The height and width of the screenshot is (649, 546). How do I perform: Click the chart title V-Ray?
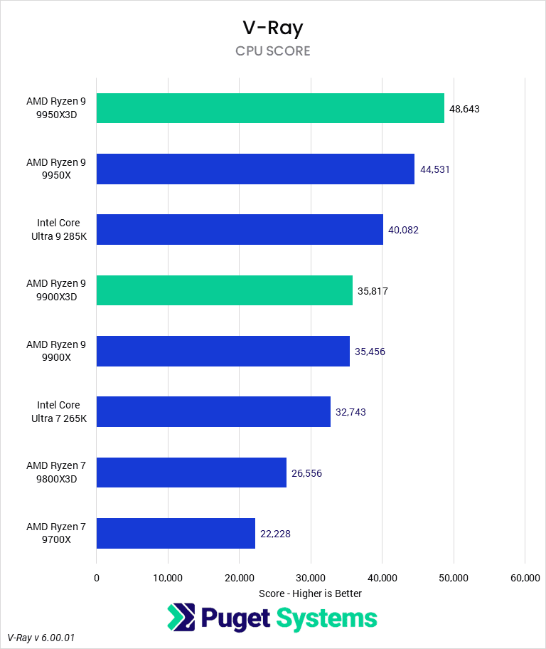pyautogui.click(x=272, y=28)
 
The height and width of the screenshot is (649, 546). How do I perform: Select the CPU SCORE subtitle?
pyautogui.click(x=272, y=51)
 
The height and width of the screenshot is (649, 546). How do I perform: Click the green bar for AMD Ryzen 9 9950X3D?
pyautogui.click(x=270, y=108)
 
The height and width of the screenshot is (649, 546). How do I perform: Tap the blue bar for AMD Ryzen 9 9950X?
pyautogui.click(x=255, y=169)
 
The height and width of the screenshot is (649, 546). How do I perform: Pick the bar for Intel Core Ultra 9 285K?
pyautogui.click(x=240, y=230)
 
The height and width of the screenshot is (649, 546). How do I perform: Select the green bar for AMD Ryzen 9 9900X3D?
pyautogui.click(x=224, y=290)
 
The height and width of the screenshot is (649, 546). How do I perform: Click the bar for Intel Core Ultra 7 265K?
pyautogui.click(x=213, y=412)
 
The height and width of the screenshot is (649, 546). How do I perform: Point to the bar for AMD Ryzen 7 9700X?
pyautogui.click(x=176, y=533)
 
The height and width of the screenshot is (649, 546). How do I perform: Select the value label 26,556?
pyautogui.click(x=306, y=473)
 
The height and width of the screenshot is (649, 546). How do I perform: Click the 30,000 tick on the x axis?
pyautogui.click(x=311, y=579)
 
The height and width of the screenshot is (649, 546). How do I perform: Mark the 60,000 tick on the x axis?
pyautogui.click(x=525, y=579)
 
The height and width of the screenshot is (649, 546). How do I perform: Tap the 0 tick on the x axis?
pyautogui.click(x=97, y=579)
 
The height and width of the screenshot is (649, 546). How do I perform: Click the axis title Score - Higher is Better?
pyautogui.click(x=310, y=593)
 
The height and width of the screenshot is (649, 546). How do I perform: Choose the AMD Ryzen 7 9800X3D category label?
pyautogui.click(x=55, y=473)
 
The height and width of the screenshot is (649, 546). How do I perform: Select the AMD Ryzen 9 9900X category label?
pyautogui.click(x=55, y=351)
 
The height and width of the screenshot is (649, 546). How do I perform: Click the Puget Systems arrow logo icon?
pyautogui.click(x=181, y=618)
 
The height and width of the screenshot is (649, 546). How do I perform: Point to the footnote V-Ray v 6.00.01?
pyautogui.click(x=41, y=638)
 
